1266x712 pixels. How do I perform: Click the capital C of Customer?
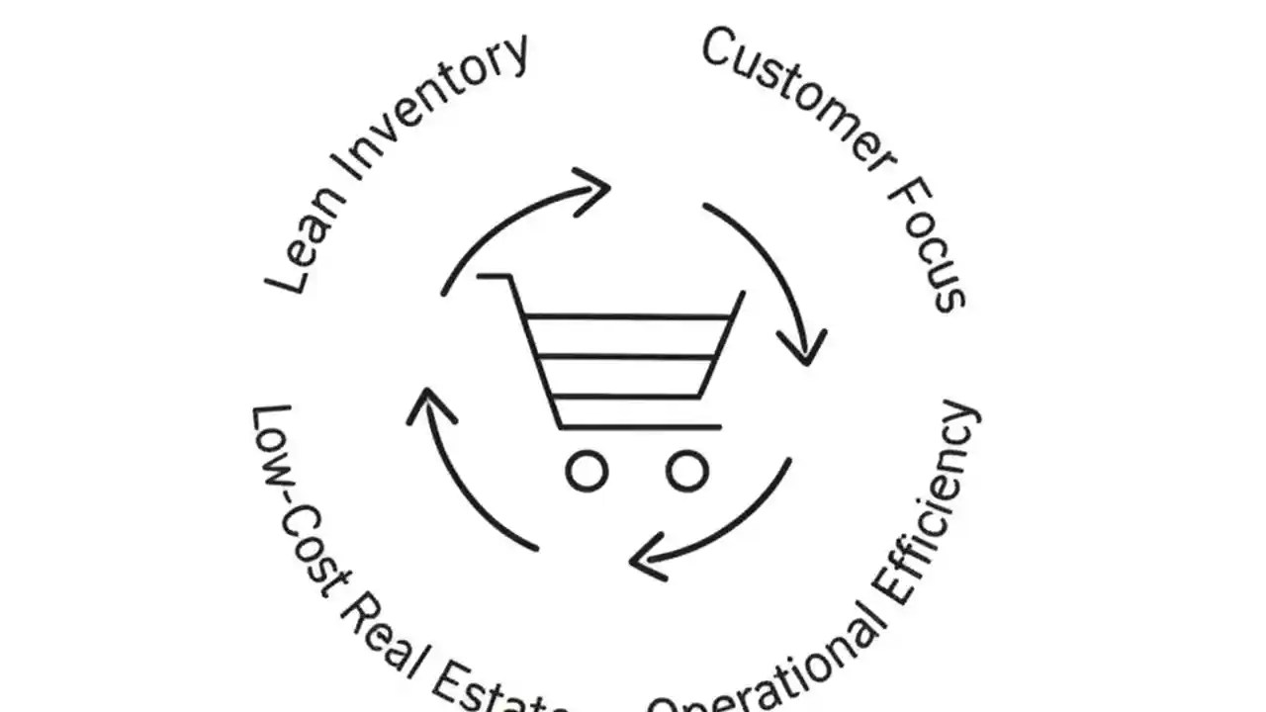[x=720, y=47]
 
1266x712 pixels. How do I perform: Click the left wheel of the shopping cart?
[x=587, y=472]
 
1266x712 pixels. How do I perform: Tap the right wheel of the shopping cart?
[x=686, y=472]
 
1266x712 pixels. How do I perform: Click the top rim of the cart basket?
[x=629, y=316]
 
